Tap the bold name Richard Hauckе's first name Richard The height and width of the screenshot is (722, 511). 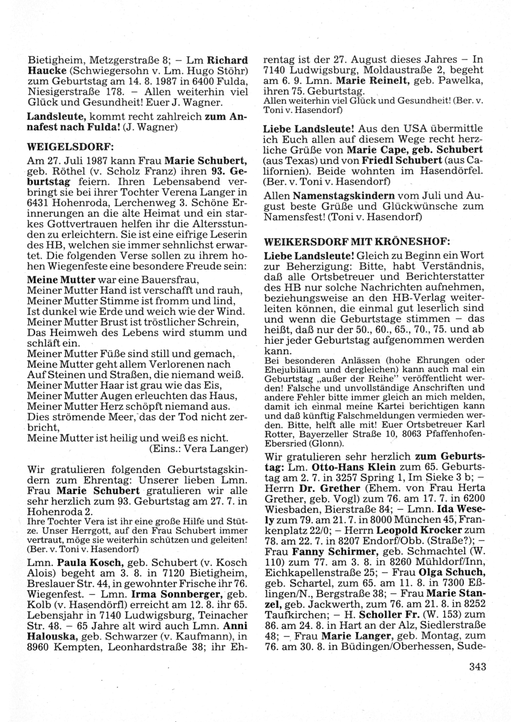pos(228,59)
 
